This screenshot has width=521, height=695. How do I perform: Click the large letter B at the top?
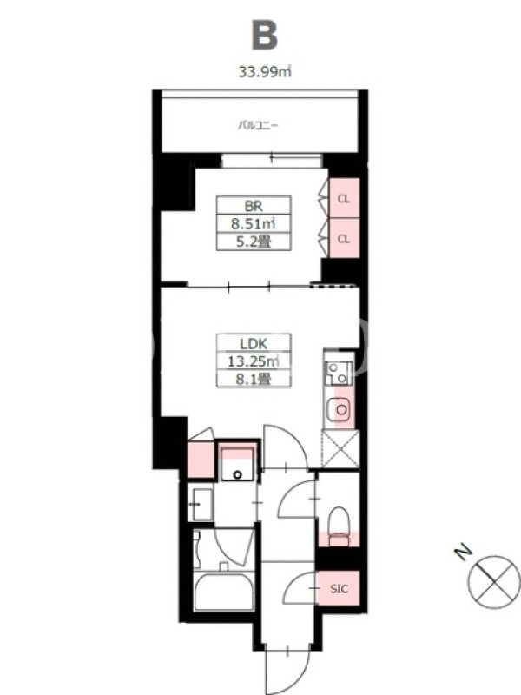point(265,35)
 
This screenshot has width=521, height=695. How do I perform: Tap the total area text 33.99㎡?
point(265,71)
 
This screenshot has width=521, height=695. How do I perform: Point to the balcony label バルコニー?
point(258,125)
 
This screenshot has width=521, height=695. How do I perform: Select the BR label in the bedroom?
point(254,206)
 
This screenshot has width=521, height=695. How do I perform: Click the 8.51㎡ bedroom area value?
point(254,224)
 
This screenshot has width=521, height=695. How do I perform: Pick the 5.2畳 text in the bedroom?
point(254,242)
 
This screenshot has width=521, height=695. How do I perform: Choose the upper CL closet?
point(344,199)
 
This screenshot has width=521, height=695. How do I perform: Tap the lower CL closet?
point(344,238)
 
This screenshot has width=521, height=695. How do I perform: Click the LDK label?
point(254,344)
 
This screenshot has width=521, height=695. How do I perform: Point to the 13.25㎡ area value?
point(254,361)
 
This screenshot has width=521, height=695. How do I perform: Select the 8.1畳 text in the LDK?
point(254,379)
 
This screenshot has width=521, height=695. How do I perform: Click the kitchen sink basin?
point(341,409)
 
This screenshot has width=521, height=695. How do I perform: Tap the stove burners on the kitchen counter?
point(339,374)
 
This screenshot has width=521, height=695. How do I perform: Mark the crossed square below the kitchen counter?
point(340,448)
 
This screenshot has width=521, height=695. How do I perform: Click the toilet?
point(340,526)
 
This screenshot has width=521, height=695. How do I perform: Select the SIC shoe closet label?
point(340,589)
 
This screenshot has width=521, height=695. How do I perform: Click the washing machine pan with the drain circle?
point(237,464)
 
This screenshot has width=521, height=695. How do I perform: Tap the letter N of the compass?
point(463,553)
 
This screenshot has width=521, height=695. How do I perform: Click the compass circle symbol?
point(494,581)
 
